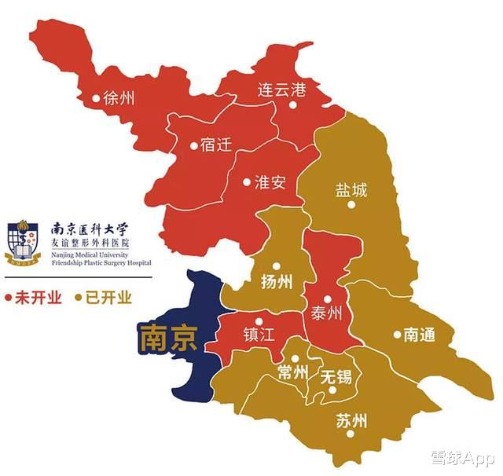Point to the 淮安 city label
pos(270,182)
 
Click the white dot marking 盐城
pos(351,205)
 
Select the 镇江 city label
pos(259,335)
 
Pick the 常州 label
pos(293,372)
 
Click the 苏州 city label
pos(351,420)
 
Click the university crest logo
pos(24,243)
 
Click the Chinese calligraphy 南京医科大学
pos(88,229)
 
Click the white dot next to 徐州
pos(96,98)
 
